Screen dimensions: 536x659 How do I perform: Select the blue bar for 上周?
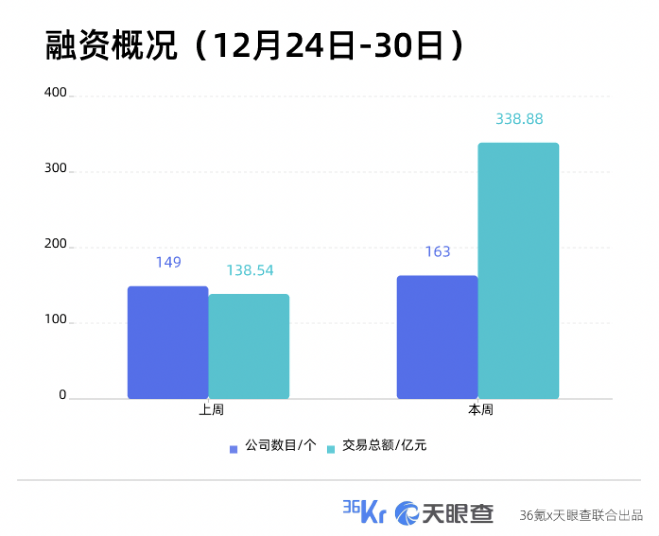tap(168, 342)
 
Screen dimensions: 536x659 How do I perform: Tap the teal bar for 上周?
tap(249, 346)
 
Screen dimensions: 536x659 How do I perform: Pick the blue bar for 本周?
tap(437, 337)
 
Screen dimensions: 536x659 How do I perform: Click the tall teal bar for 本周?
tap(518, 271)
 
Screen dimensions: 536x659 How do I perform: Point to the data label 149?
tap(168, 262)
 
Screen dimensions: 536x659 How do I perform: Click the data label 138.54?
tap(249, 271)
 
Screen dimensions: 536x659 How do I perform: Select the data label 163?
tap(438, 252)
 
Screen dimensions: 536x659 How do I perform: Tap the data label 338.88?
tap(519, 119)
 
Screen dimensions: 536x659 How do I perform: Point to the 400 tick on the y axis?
tap(55, 93)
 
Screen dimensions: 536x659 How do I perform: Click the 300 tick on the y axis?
tap(55, 168)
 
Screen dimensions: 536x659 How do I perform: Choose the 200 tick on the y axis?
tap(55, 244)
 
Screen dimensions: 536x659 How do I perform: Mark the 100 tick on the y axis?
tap(55, 320)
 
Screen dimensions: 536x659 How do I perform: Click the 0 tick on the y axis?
tap(62, 395)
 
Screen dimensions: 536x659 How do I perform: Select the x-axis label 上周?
tap(211, 410)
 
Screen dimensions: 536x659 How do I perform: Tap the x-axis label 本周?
tap(481, 410)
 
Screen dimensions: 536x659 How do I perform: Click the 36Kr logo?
tap(364, 511)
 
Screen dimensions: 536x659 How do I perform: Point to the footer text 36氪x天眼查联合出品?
tap(581, 516)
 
